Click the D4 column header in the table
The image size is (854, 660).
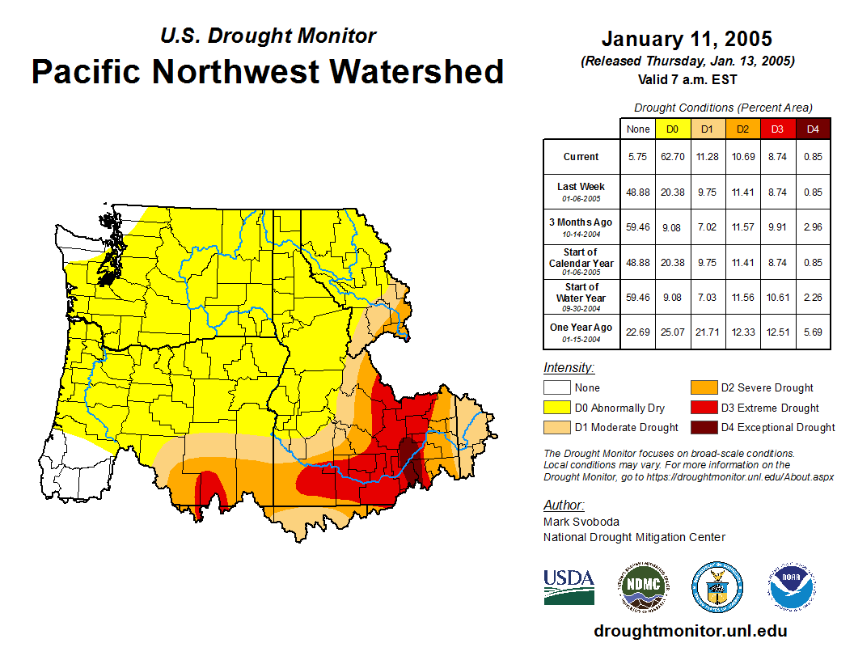point(813,129)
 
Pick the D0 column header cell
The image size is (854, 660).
point(672,129)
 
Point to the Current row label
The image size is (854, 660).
point(581,157)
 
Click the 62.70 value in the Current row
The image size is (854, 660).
point(672,157)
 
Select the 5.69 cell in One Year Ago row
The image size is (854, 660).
point(813,332)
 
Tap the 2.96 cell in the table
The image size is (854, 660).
point(813,227)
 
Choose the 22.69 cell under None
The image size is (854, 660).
point(637,332)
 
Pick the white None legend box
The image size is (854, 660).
point(557,388)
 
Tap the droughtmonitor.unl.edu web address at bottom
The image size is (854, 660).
point(690,631)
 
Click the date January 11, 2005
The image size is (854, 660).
point(687,39)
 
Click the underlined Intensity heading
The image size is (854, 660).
point(569,367)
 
